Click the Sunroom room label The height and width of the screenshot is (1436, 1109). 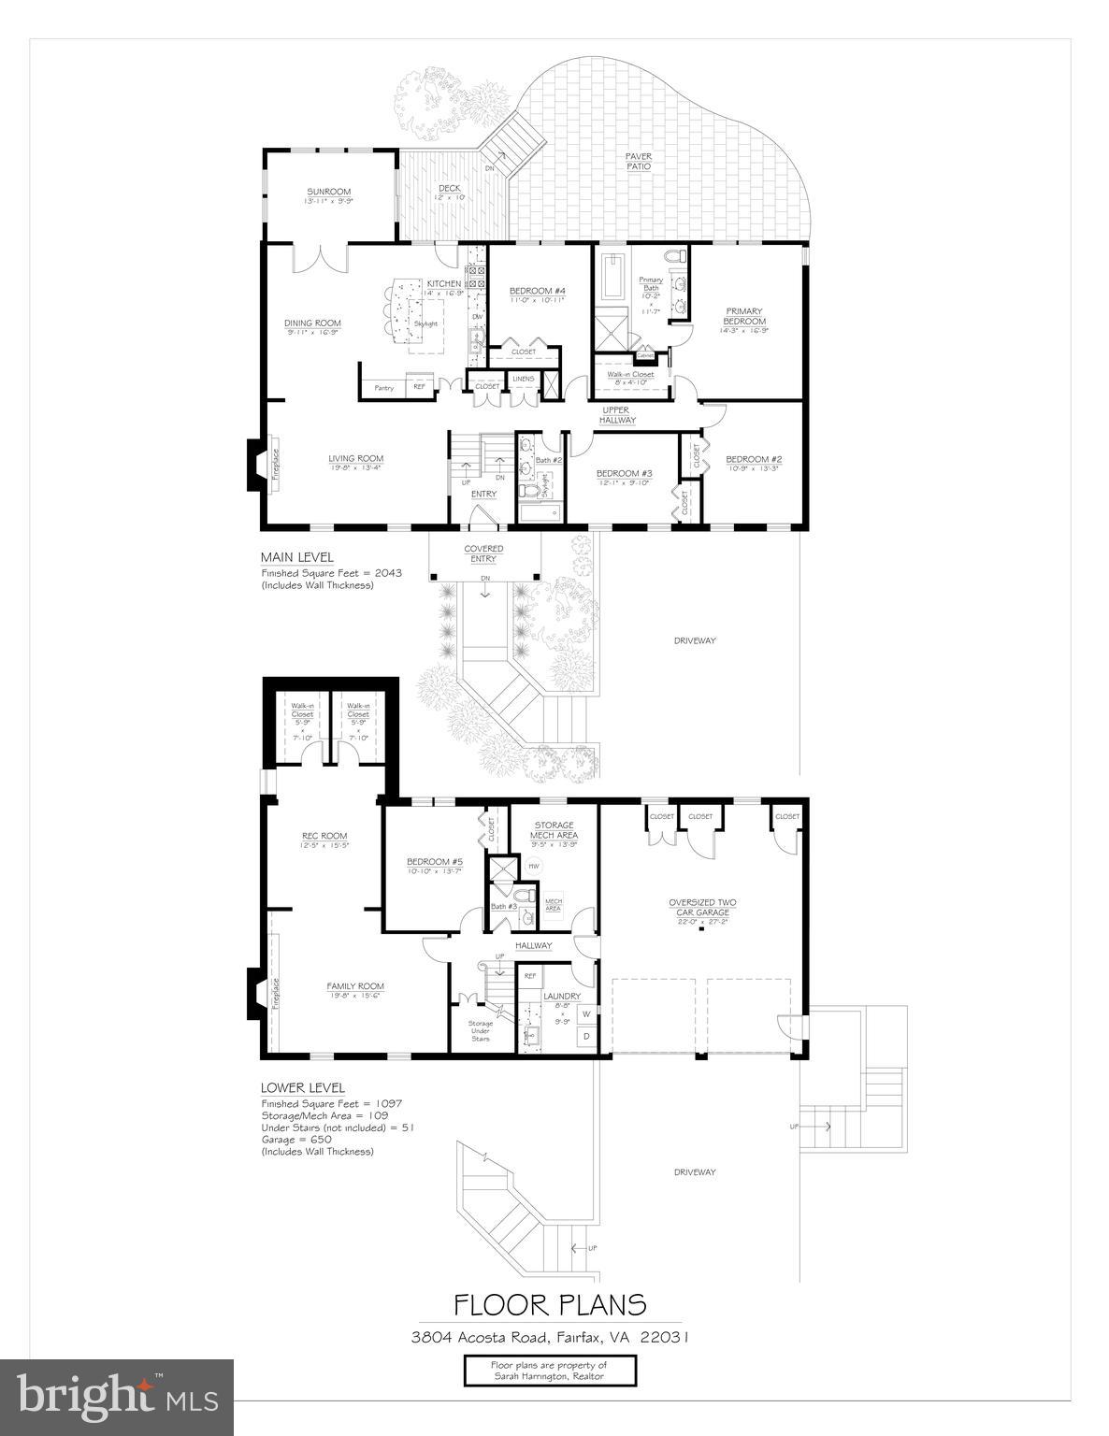pos(327,193)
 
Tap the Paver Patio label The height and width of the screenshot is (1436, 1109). pos(639,162)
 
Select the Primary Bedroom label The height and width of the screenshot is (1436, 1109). pos(743,317)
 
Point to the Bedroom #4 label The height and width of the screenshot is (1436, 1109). pos(537,291)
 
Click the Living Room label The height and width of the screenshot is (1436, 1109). pos(355,459)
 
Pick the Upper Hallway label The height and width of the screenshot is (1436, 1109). pos(617,415)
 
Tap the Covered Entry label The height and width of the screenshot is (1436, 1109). pos(484,553)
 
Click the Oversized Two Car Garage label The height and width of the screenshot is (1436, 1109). pos(701,908)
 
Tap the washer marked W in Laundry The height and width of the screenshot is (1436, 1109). pos(586,1013)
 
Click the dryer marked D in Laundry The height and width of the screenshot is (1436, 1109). pos(586,1036)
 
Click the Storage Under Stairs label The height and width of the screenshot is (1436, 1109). pos(481,1030)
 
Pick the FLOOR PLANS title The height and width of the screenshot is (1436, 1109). pos(550,1304)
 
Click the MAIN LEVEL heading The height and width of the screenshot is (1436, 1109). pos(296,557)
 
